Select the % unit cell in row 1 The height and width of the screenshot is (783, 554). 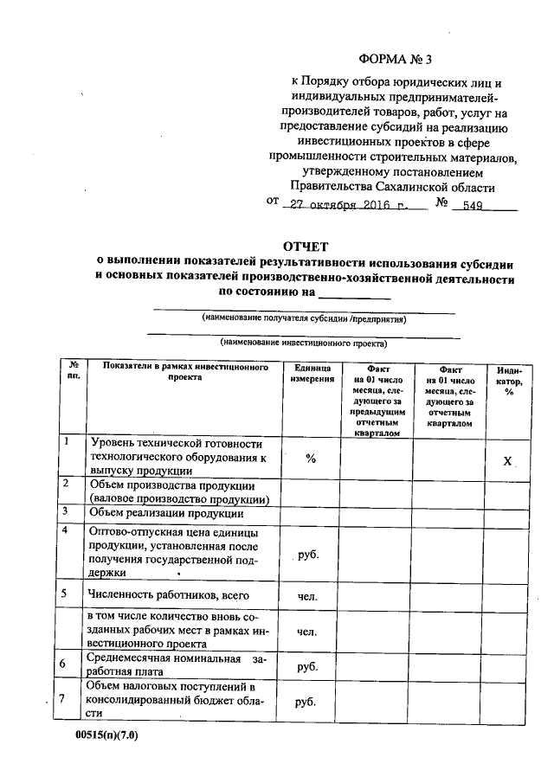point(309,458)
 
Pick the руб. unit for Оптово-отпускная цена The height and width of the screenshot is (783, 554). point(308,554)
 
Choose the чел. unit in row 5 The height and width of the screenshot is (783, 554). point(307,595)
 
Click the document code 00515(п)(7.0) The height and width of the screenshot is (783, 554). point(106,737)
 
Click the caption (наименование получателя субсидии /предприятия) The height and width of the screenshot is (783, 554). point(303,318)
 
